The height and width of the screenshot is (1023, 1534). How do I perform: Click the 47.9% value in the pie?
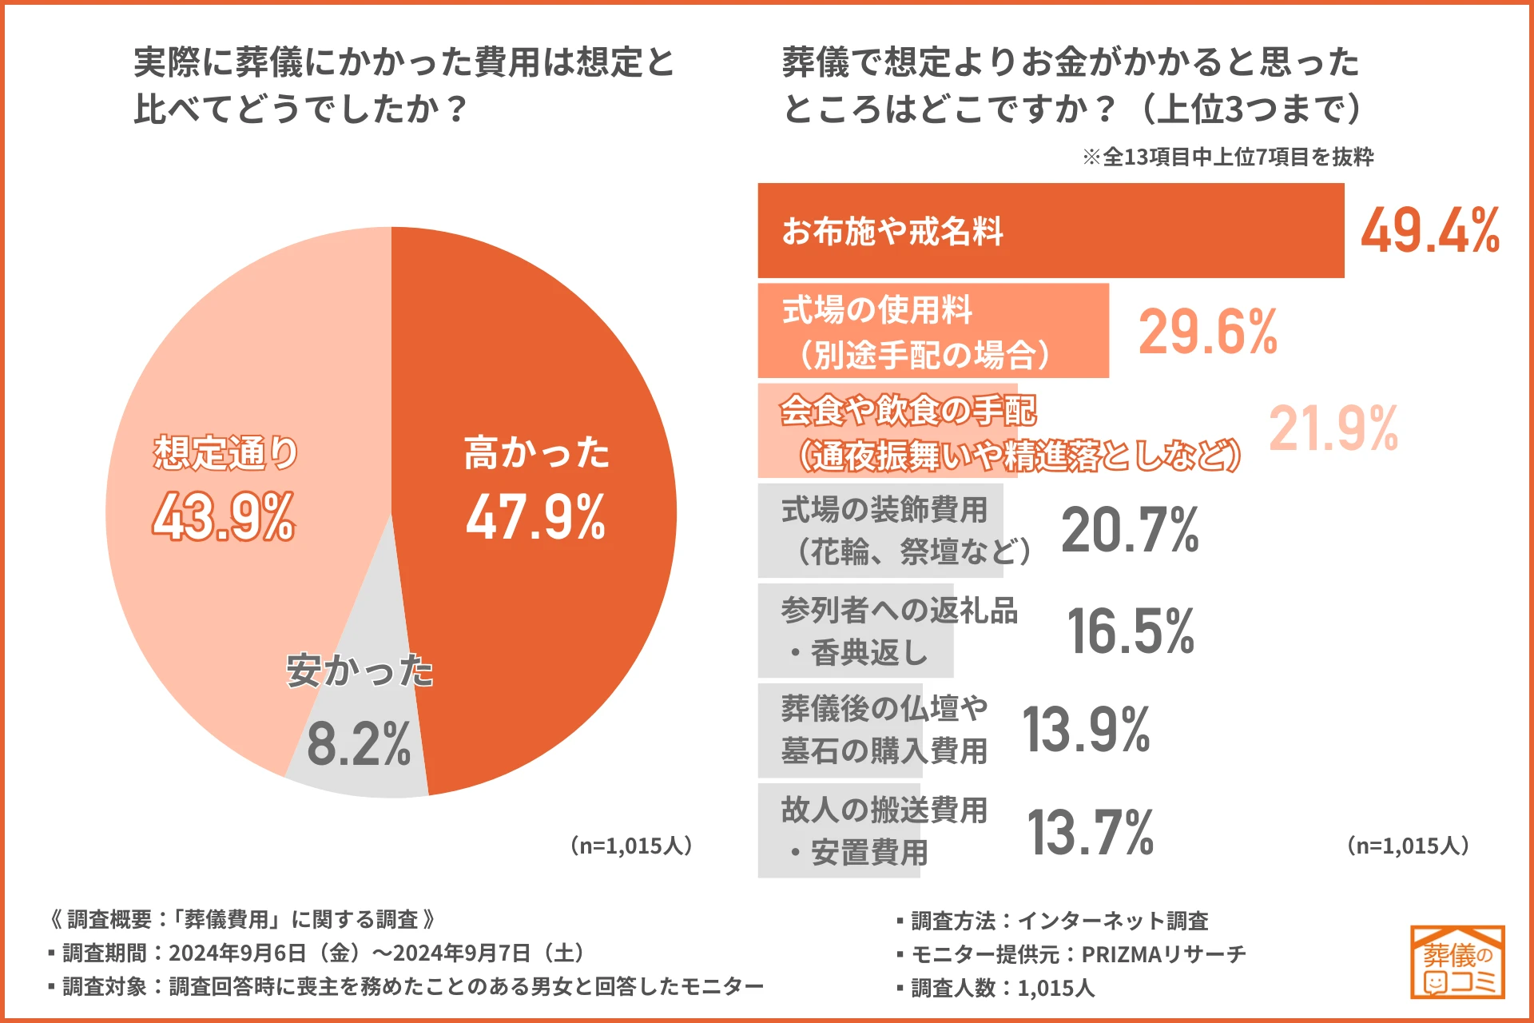coord(536,517)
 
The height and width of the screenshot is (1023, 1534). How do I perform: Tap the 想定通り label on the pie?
coord(225,452)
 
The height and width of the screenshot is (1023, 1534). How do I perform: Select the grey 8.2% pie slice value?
coord(359,744)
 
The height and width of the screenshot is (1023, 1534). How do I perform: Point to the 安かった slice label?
coord(360,671)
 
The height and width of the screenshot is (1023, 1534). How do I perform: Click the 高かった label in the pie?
coord(537,452)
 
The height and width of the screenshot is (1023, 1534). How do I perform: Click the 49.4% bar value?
coord(1429,231)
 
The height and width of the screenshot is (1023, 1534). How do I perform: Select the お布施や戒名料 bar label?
coord(892,231)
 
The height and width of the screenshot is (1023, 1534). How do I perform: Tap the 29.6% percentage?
coord(1207,332)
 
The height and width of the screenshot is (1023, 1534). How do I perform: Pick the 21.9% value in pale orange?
coord(1333,429)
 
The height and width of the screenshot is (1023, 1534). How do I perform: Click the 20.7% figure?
coord(1130,530)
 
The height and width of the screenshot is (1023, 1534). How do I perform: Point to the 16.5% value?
coord(1130,631)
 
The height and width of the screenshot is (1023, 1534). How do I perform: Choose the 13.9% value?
coord(1086,730)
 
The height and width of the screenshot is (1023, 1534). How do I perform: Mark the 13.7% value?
coord(1090,832)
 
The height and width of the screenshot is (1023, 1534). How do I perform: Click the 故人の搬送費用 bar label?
coord(884,810)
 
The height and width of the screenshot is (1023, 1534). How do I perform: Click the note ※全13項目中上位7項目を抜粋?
coord(1228,157)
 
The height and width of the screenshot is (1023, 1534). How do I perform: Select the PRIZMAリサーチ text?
coord(1163,954)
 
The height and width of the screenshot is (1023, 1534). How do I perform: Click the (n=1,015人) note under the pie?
coord(630,846)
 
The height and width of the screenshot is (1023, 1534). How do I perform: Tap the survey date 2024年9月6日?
coord(237,953)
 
